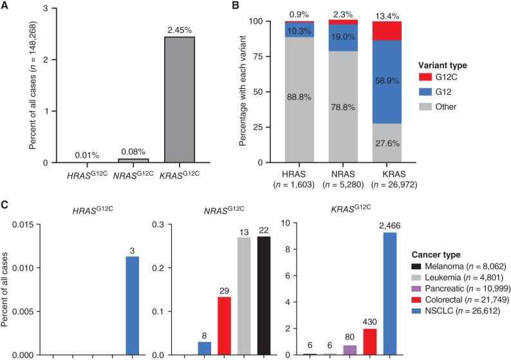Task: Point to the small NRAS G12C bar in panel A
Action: point(113,160)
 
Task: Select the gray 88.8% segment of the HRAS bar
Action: point(299,109)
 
